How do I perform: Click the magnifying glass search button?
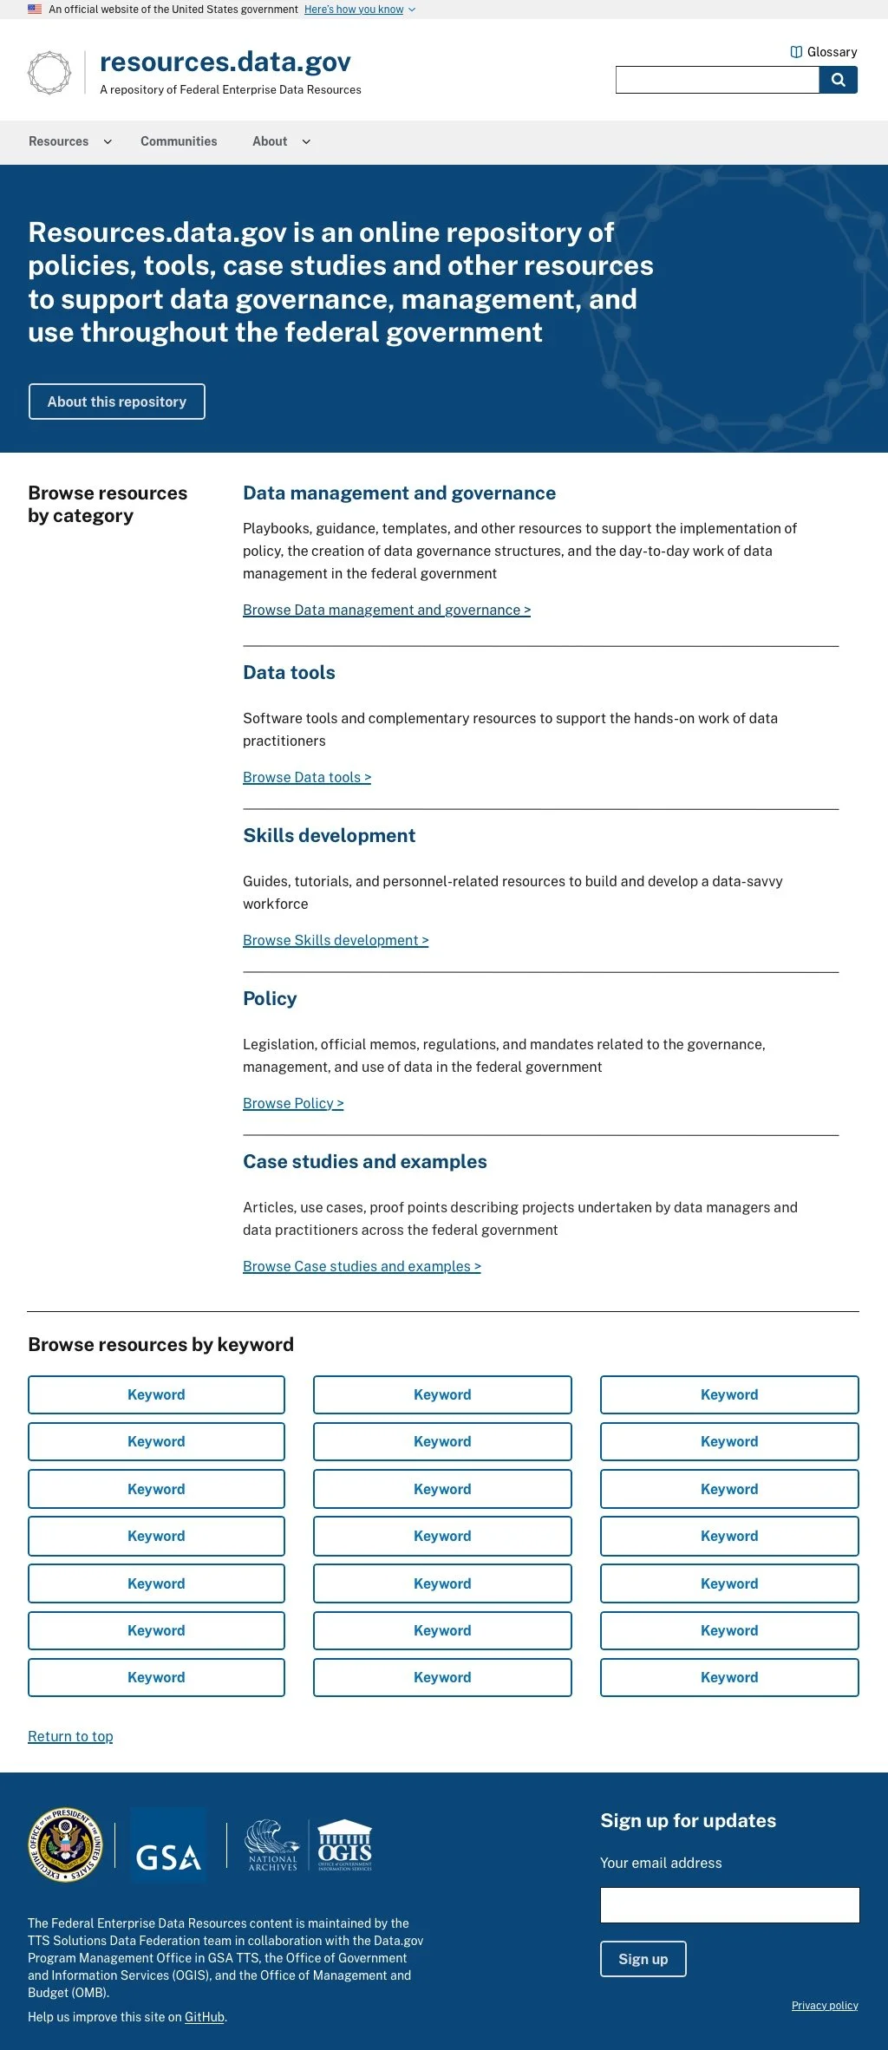[838, 80]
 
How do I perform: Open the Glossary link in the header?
[824, 52]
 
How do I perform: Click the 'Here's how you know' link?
[354, 10]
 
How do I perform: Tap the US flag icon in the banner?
[35, 10]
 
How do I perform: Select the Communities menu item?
[179, 141]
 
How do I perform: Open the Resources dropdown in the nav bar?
[69, 141]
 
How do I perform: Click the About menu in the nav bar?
[280, 141]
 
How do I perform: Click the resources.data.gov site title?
[225, 62]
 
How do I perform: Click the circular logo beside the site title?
[49, 72]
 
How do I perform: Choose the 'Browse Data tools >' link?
[307, 778]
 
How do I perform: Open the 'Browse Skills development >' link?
[336, 941]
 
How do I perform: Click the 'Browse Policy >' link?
[293, 1104]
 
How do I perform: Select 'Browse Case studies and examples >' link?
[362, 1267]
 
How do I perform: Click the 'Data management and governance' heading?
[399, 493]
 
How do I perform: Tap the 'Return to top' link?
[70, 1737]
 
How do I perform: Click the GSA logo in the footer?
[168, 1844]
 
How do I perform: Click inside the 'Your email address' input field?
[729, 1905]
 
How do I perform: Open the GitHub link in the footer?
[205, 2017]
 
